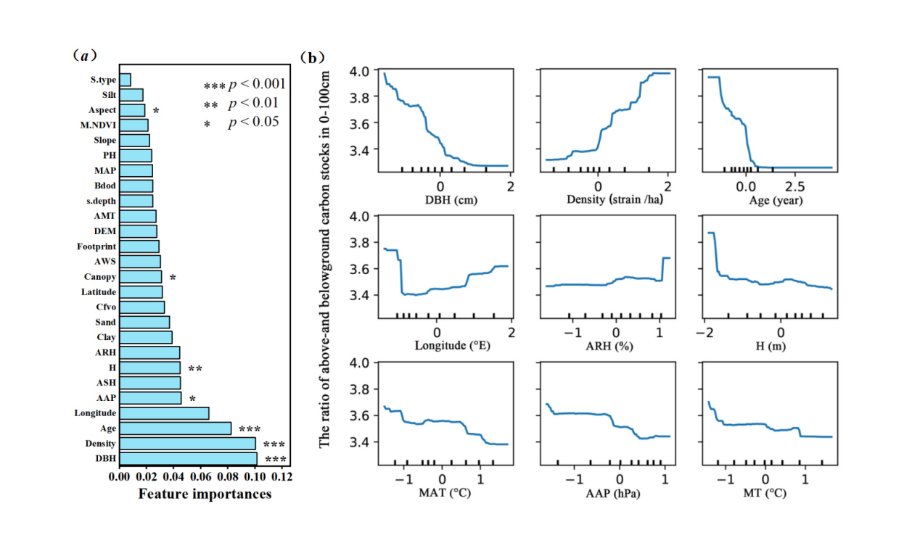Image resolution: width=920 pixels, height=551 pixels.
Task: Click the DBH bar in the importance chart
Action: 188,458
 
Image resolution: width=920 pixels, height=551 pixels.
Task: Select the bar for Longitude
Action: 164,413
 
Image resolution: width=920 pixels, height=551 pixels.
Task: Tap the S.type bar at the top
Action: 125,80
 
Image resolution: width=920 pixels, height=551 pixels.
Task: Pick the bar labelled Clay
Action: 146,337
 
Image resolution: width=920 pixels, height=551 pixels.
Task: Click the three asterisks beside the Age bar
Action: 249,429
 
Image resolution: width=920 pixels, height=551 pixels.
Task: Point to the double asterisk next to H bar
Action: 195,369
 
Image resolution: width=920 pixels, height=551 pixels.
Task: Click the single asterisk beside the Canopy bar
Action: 173,278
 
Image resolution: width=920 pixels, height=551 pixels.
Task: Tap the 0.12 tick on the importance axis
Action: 282,476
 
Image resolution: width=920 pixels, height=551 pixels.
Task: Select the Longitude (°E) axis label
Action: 452,345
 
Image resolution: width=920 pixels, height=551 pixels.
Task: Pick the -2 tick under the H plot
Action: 703,331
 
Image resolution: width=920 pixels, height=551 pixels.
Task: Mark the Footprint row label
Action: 96,246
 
